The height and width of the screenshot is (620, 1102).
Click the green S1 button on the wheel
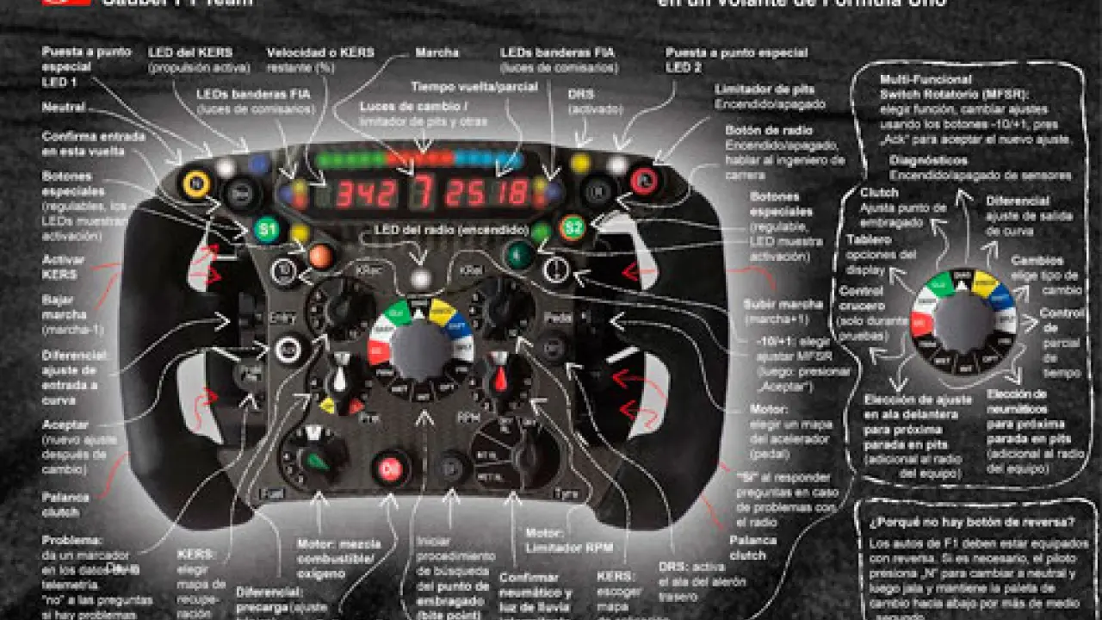point(267,230)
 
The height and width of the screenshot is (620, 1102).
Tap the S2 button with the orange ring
point(572,228)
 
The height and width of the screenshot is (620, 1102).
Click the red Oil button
point(391,469)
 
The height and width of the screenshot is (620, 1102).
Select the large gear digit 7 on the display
point(421,194)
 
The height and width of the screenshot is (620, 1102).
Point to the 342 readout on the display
point(366,195)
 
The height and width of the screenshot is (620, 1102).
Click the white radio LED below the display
point(420,277)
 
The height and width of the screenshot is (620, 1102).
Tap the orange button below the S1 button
point(320,256)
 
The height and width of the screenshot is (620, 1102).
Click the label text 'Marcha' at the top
point(437,53)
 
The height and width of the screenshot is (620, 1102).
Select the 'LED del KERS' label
point(190,53)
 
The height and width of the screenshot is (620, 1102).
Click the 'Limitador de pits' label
point(765,90)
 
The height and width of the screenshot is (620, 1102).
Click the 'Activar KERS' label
point(59,267)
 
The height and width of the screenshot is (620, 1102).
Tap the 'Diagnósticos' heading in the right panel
point(929,160)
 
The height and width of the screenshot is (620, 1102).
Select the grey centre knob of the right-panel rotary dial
point(963,321)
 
